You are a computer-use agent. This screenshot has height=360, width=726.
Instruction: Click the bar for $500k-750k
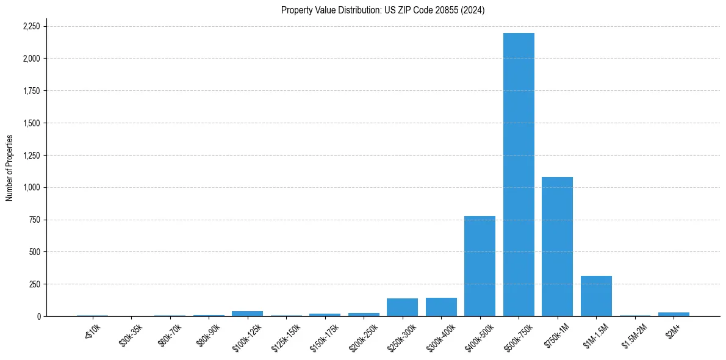point(519,175)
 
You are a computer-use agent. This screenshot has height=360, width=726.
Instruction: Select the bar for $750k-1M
point(557,247)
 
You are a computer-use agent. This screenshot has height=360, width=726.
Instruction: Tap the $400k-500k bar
point(480,266)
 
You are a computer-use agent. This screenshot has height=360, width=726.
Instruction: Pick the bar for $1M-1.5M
point(596,296)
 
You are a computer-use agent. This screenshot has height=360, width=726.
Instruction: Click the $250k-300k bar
point(402,307)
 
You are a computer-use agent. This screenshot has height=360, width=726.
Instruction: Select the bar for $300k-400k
point(441,307)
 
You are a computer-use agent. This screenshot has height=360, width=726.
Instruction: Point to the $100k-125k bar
point(247,314)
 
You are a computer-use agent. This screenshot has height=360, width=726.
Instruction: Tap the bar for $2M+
point(674,314)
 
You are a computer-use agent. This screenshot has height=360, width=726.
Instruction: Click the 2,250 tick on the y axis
point(31,27)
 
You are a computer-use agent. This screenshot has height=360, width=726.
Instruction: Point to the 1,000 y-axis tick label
point(31,188)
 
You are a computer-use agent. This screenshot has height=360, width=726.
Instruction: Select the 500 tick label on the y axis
point(35,252)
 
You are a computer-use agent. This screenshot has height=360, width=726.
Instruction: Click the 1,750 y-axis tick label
point(31,91)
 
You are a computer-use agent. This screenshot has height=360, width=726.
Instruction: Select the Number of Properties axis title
point(10,168)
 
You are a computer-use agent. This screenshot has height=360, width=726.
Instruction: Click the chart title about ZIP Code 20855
point(383,10)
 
